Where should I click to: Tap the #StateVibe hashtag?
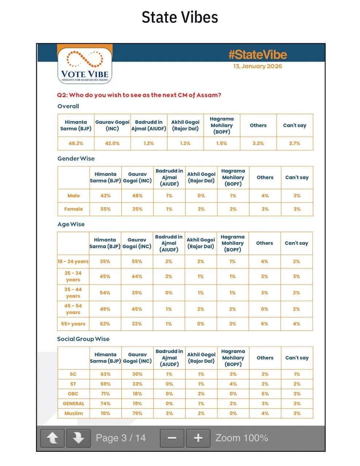pos(257,55)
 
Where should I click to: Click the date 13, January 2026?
pos(257,66)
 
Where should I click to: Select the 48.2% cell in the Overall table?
pos(76,143)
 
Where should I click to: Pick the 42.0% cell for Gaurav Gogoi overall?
pos(112,143)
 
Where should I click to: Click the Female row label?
pos(74,209)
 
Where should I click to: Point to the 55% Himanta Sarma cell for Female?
pos(105,209)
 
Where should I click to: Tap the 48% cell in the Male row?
pos(137,196)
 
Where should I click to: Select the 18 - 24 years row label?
pos(73,261)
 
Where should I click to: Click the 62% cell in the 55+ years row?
pos(105,324)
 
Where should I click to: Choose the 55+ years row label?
pos(73,324)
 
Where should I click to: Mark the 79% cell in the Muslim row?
pos(137,413)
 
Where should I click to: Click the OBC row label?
pos(73,394)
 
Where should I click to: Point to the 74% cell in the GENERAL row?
pos(105,403)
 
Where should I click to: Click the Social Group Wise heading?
pos(83,339)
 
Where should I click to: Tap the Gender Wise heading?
pos(76,159)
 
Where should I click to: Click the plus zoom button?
pos(198,438)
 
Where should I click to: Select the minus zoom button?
pos(172,438)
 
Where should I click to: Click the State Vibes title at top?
pos(180,17)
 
